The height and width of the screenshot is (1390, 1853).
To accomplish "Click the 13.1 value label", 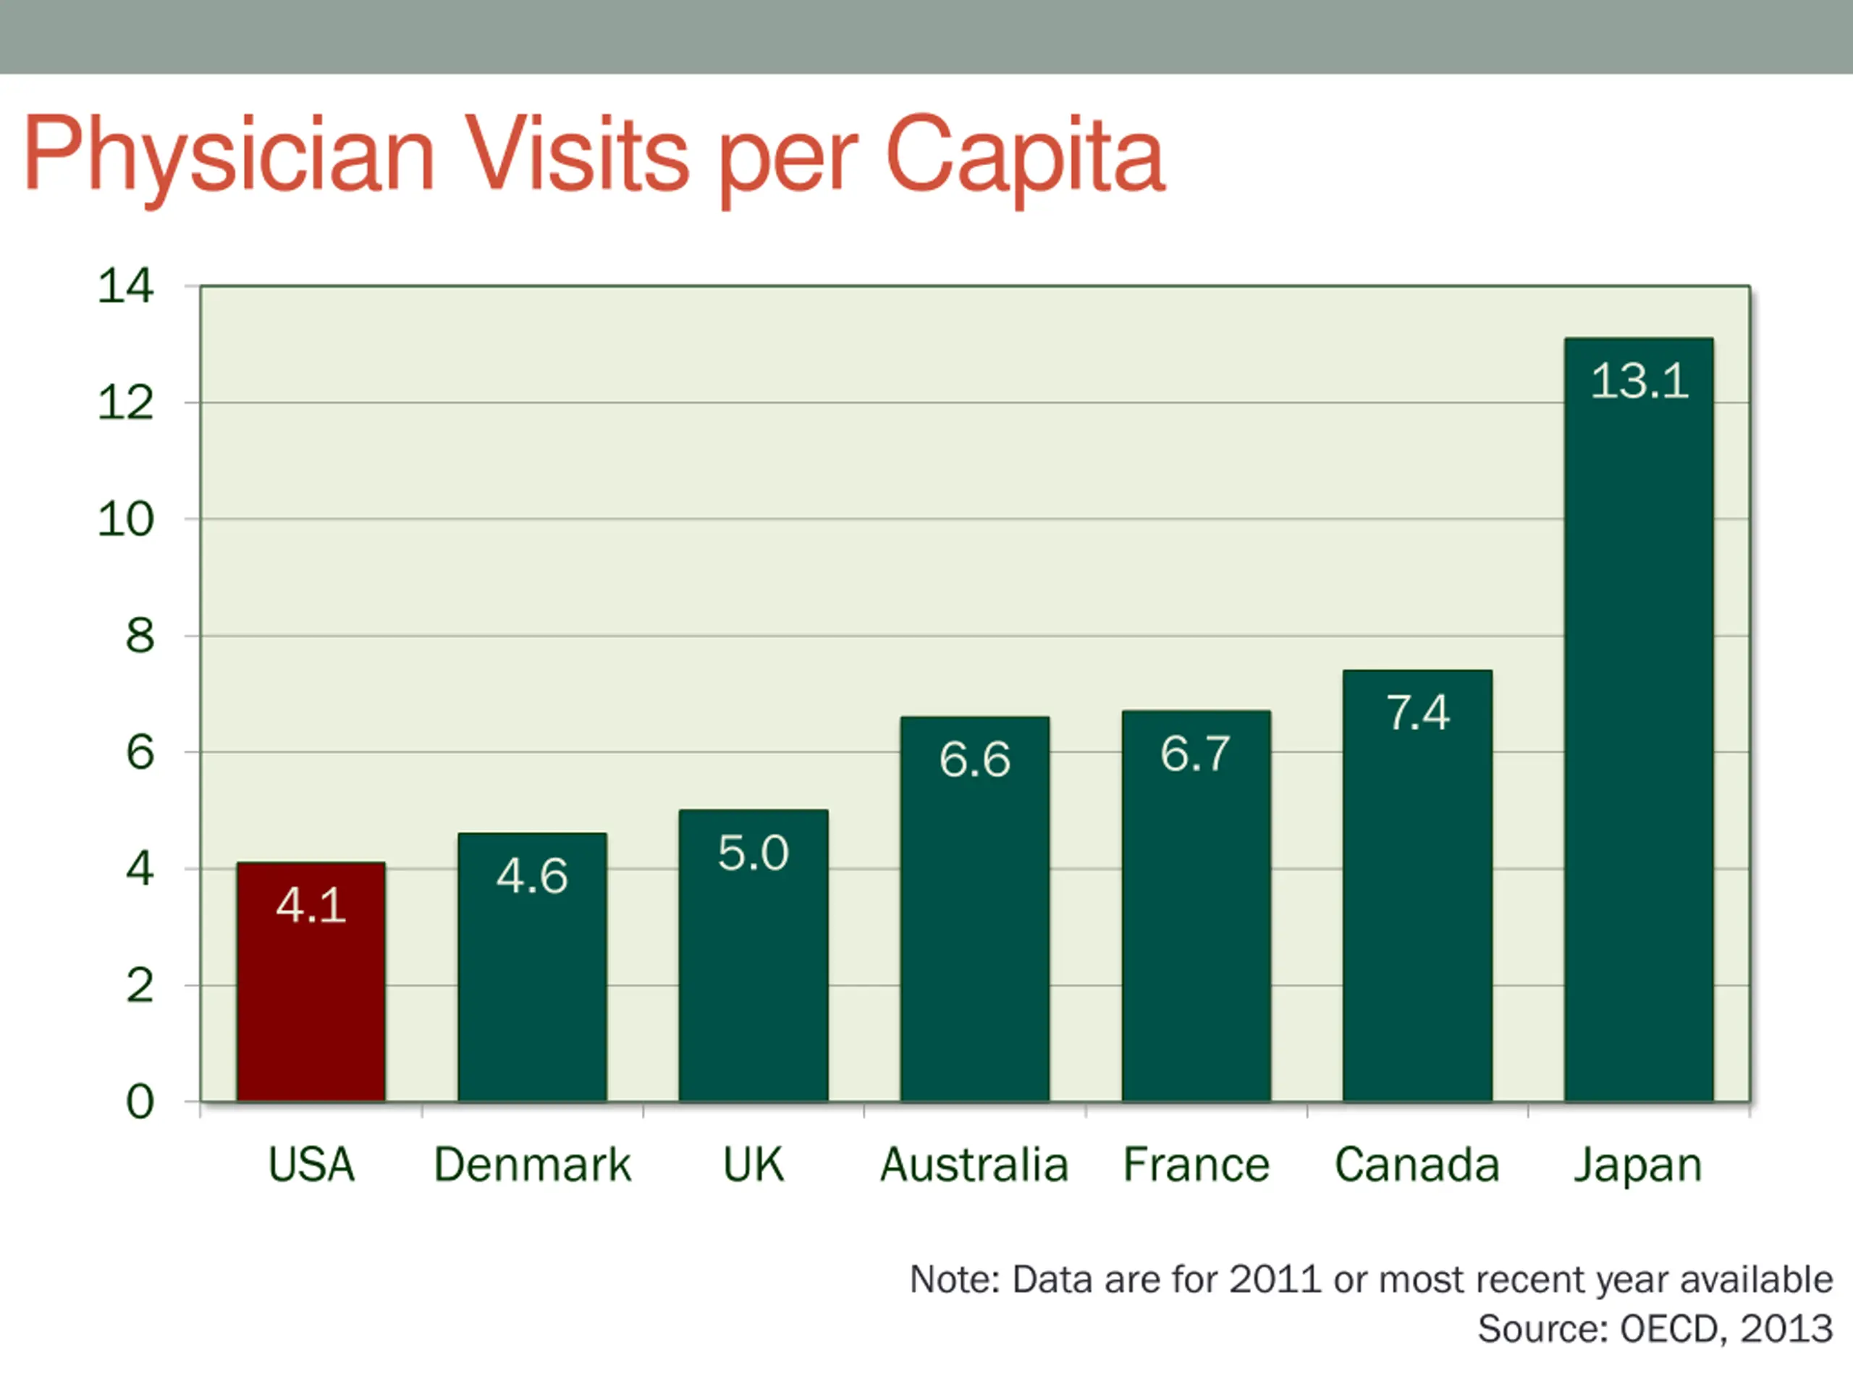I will [1639, 382].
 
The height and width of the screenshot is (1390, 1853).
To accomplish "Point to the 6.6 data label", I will [974, 760].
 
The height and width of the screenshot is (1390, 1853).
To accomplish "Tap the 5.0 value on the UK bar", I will [753, 853].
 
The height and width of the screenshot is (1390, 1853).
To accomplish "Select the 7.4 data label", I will [1417, 713].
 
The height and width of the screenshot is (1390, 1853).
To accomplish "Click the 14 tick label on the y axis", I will [126, 287].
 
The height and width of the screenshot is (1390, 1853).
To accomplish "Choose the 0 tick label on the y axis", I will [140, 1101].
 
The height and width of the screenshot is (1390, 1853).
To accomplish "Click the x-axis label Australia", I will [974, 1165].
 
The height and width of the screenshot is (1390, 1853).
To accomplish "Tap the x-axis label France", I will [1196, 1165].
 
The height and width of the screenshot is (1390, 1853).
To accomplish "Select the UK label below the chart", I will [753, 1165].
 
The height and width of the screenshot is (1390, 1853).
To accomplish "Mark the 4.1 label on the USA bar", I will [311, 906].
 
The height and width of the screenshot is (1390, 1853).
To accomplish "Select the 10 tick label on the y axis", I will [126, 520].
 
